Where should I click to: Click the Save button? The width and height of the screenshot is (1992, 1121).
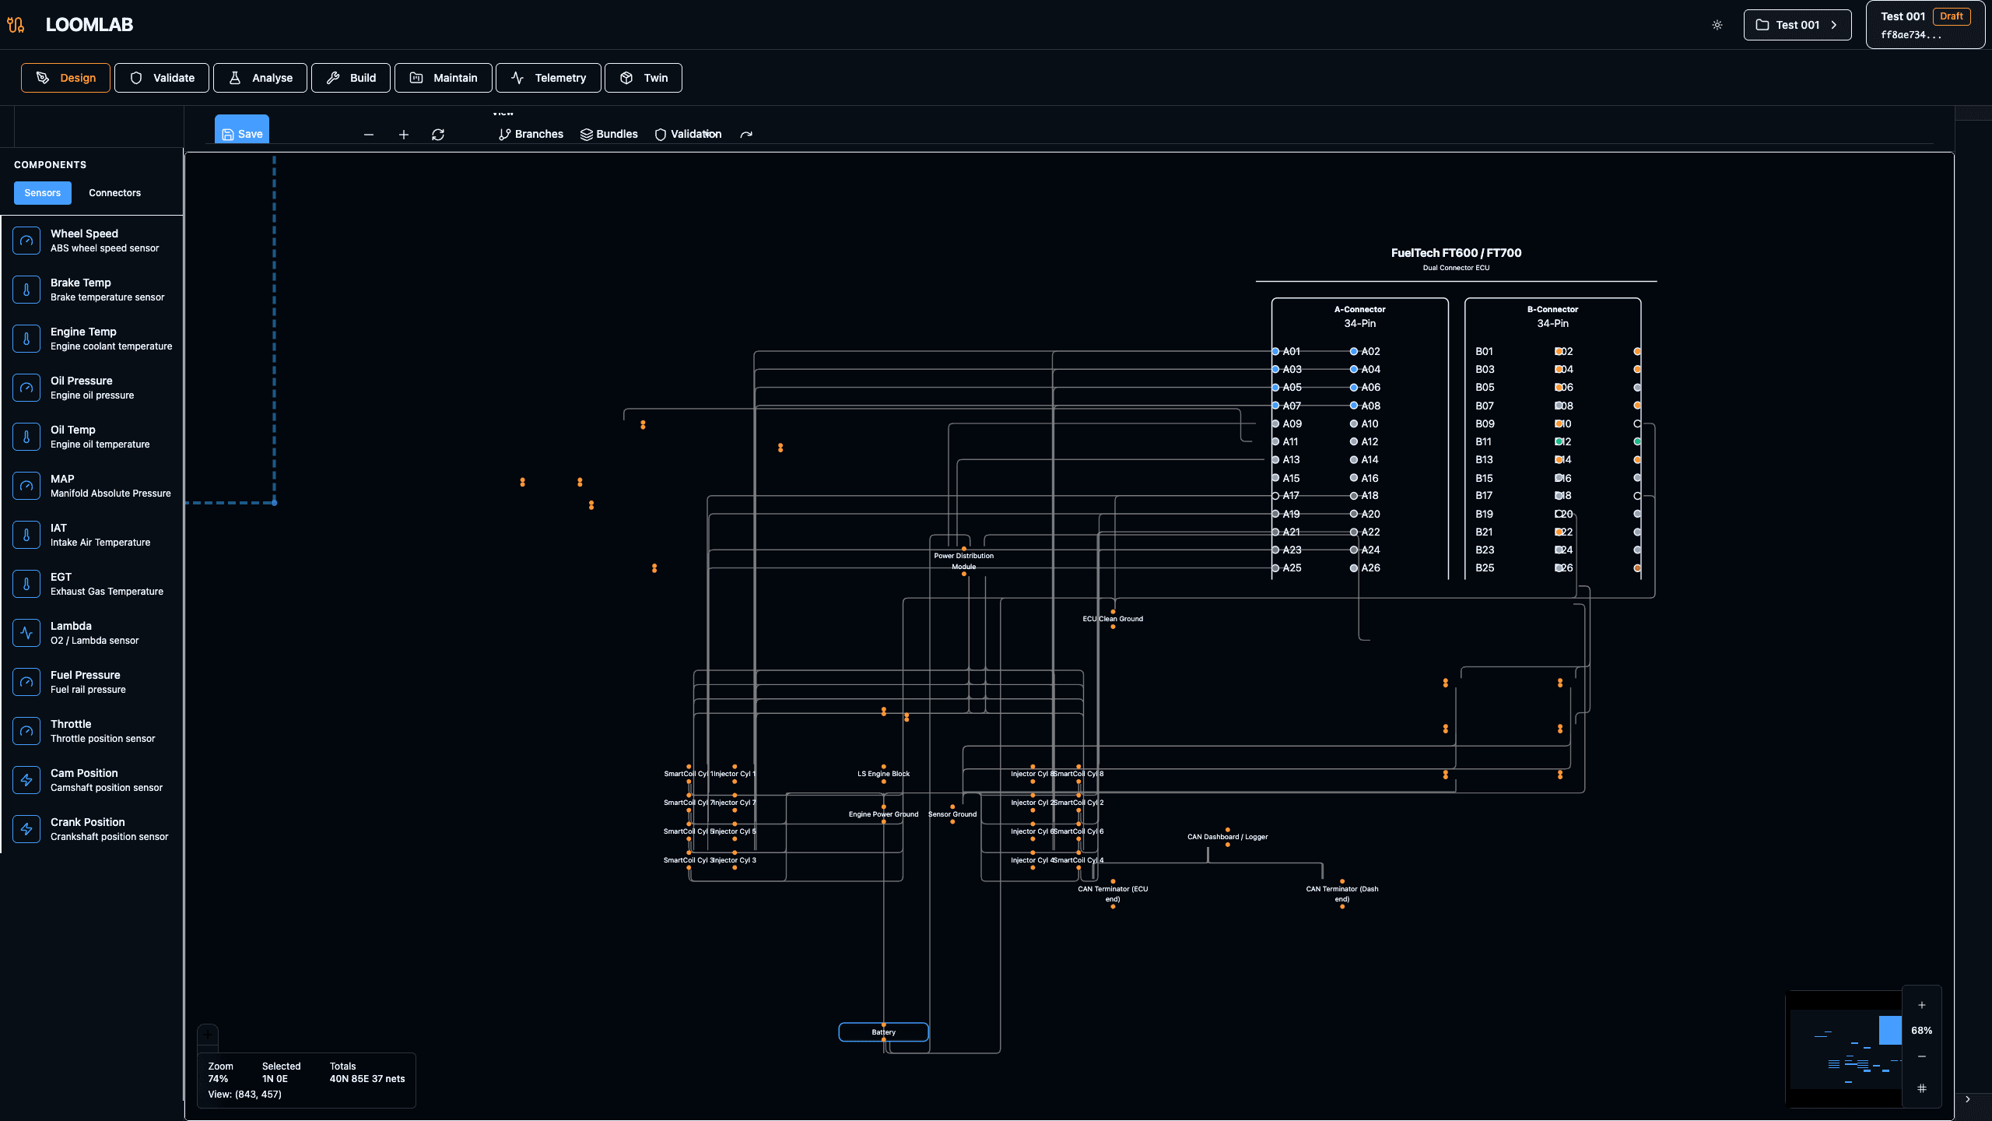[242, 133]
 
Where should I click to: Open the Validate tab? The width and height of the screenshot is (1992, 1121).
[162, 78]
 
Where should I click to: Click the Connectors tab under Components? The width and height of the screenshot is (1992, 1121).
[114, 193]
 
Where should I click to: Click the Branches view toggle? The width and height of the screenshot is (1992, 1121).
[531, 134]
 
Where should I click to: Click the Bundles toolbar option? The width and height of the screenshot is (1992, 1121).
[609, 134]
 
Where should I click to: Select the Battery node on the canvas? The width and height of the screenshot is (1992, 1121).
[883, 1032]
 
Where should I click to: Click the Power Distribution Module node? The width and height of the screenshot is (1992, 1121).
[963, 560]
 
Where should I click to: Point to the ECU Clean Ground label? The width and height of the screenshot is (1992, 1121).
[1113, 619]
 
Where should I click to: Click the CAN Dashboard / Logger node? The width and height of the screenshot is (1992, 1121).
[1227, 837]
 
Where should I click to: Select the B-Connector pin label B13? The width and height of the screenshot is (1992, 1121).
[1484, 460]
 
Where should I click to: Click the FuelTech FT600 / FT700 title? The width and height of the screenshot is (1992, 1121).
[1456, 253]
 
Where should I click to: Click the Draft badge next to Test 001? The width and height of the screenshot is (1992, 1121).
[1951, 16]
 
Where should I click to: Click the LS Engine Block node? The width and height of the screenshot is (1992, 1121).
[883, 774]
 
